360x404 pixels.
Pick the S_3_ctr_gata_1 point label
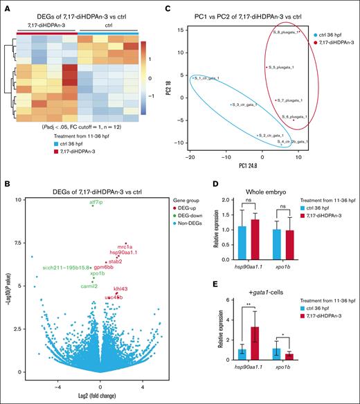coord(245,104)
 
